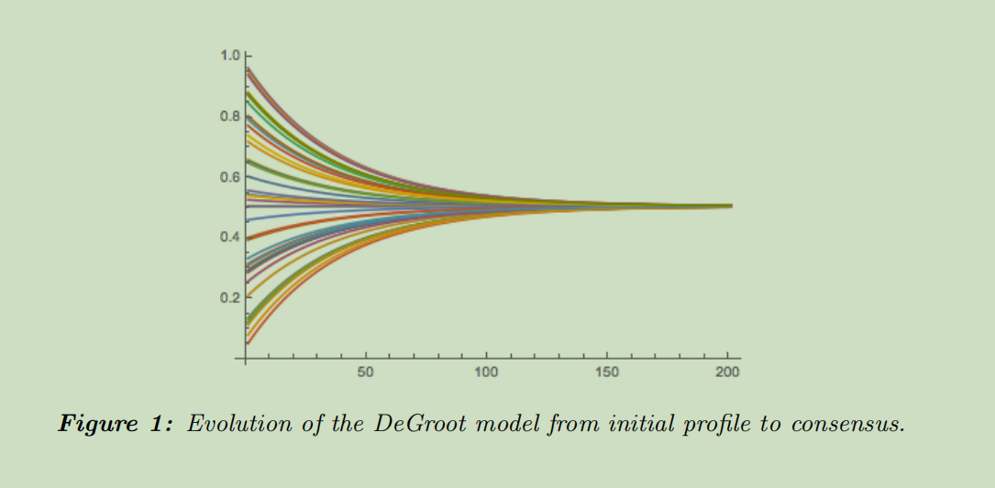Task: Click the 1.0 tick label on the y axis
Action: pos(229,57)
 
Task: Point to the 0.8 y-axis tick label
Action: pos(229,117)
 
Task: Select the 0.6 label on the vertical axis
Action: pos(229,177)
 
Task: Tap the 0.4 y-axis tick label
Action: pos(229,238)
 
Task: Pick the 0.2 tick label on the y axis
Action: pos(229,298)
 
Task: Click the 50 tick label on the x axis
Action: pos(366,372)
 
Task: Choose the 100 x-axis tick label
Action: pos(486,372)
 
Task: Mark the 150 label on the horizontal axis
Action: pos(607,372)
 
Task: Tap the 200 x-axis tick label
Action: pos(728,372)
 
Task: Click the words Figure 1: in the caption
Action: pos(116,424)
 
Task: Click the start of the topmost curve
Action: pos(248,68)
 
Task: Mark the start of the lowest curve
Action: pos(248,343)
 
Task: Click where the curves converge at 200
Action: pos(730,205)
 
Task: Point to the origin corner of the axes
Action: pos(246,357)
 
